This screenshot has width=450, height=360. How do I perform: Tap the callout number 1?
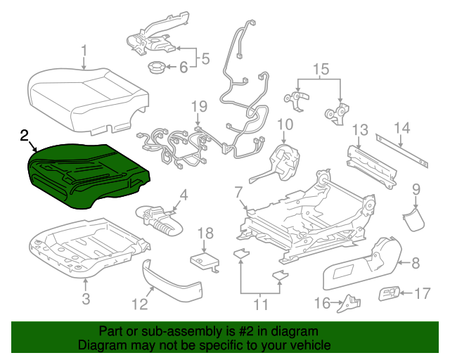(x=84, y=51)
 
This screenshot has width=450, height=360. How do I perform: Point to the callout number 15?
(x=320, y=69)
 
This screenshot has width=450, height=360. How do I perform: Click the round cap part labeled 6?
(x=156, y=68)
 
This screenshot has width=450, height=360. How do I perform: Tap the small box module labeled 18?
(x=205, y=260)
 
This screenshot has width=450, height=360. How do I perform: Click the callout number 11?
(x=261, y=305)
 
